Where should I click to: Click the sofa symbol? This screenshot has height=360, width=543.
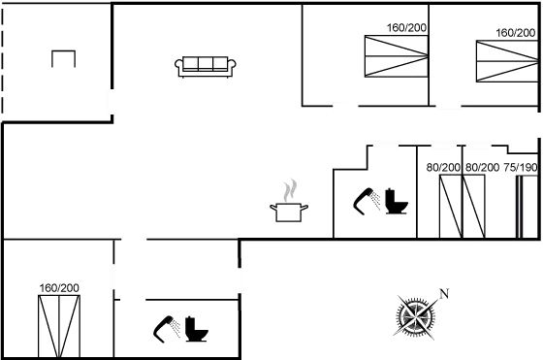[x=207, y=66]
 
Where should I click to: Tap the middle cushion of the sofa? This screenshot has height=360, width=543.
[x=207, y=65]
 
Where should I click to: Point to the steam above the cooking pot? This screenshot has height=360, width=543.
[x=288, y=189]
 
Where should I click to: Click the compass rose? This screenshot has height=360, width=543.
[x=418, y=315]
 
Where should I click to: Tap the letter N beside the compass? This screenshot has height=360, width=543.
[x=443, y=292]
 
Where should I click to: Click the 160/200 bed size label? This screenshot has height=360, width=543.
[x=59, y=288]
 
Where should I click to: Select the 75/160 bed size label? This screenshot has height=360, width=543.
[x=526, y=168]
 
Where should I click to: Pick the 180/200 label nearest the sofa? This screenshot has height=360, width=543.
[x=406, y=28]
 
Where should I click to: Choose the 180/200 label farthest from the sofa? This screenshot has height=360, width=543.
[x=516, y=32]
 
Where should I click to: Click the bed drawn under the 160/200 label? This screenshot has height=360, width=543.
[x=59, y=323]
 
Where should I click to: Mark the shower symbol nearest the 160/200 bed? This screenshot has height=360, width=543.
[x=168, y=328]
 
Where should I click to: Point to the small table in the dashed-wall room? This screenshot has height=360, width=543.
[x=63, y=58]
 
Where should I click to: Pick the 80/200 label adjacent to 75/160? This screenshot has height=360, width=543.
[x=482, y=168]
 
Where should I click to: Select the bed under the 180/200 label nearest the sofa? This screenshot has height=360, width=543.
[x=395, y=56]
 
